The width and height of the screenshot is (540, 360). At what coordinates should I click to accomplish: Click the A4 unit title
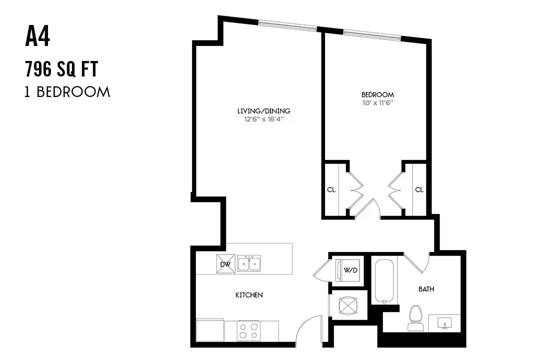(x=37, y=37)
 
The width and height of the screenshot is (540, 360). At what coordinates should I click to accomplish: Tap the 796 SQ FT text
(x=61, y=68)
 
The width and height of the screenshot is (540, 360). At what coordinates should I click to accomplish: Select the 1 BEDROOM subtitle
(x=67, y=92)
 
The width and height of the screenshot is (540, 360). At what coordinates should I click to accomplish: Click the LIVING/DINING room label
(x=264, y=111)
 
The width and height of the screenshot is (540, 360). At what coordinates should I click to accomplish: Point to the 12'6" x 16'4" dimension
(x=264, y=119)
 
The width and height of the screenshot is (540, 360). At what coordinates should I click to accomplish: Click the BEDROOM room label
(x=378, y=94)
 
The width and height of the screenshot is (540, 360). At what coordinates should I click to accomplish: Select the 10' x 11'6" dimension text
(x=378, y=102)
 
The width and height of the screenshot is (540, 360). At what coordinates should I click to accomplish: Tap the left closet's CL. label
(x=331, y=189)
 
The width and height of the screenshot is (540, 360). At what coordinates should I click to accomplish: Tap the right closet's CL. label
(x=420, y=189)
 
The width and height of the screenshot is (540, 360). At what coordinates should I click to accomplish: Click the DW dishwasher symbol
(x=225, y=264)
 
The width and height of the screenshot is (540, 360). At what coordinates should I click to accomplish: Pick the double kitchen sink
(x=249, y=263)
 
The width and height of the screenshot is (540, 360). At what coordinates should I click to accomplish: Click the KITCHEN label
(x=249, y=295)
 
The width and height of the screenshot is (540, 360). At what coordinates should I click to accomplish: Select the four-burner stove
(x=248, y=330)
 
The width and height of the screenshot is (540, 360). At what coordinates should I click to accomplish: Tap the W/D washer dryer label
(x=350, y=270)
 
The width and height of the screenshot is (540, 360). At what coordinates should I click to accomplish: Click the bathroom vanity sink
(x=444, y=323)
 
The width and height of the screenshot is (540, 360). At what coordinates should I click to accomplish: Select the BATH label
(x=426, y=289)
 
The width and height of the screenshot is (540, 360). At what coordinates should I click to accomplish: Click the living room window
(x=288, y=25)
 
